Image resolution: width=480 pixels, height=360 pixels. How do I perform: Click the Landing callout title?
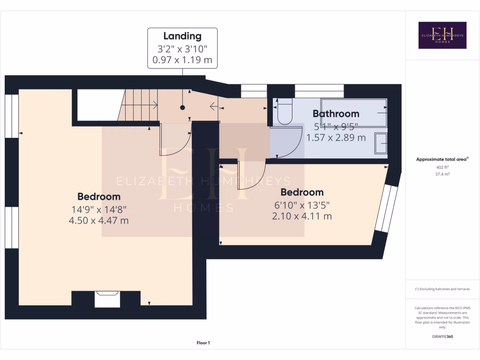[182, 36]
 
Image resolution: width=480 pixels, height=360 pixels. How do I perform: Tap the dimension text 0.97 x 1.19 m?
[182, 60]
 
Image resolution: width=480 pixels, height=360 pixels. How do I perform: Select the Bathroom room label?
[336, 113]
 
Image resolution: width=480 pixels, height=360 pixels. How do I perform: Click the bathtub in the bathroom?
[354, 112]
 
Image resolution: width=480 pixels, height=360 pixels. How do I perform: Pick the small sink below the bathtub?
[381, 142]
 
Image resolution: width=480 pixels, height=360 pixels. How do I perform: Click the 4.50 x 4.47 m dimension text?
[99, 220]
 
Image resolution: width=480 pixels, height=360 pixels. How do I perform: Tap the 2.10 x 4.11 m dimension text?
[302, 216]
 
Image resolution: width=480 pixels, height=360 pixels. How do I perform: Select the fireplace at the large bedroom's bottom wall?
[107, 299]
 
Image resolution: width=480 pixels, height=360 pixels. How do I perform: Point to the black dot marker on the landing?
[182, 108]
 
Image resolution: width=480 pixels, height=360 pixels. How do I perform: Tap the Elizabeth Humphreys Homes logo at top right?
[442, 35]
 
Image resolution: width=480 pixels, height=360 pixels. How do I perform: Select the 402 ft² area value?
[442, 167]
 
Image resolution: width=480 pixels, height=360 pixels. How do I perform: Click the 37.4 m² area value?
[442, 174]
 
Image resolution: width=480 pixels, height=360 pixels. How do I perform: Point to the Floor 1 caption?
[203, 343]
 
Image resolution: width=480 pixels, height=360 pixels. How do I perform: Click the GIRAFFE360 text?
[442, 337]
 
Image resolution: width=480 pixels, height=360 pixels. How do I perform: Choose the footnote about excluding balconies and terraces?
[442, 289]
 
